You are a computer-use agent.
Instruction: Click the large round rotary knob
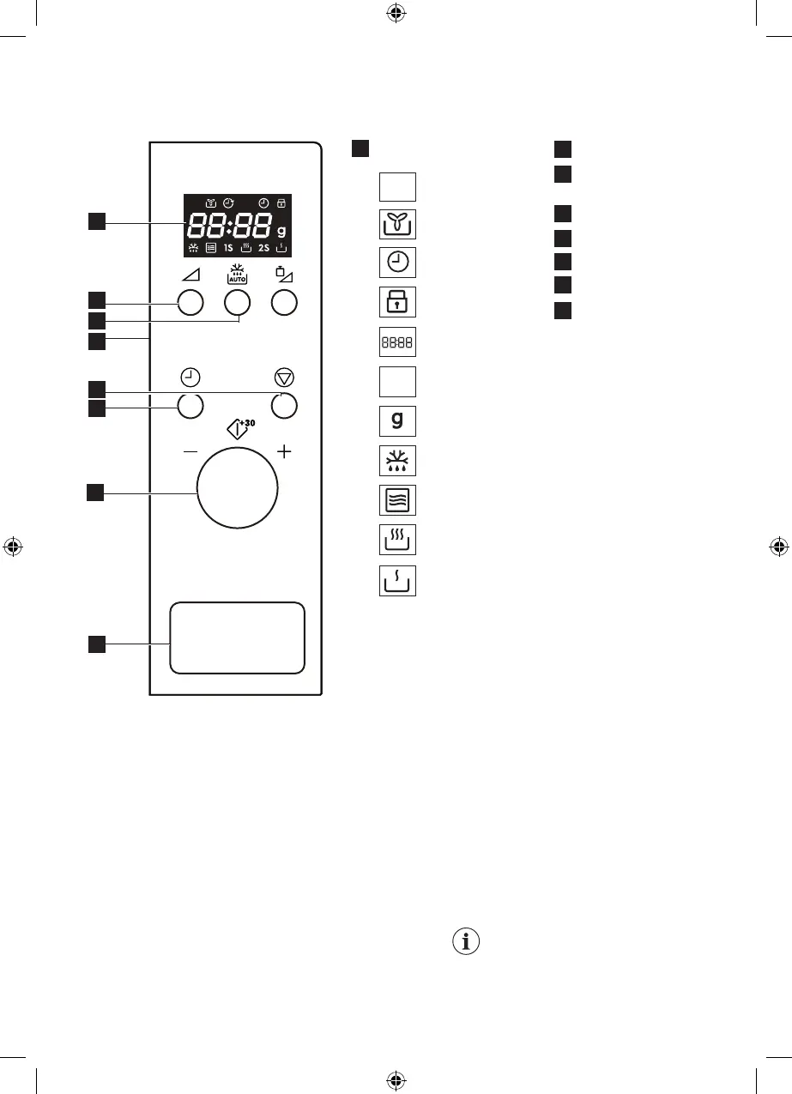tap(237, 491)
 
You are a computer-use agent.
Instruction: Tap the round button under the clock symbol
tap(190, 406)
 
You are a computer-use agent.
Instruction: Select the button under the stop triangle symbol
tap(284, 406)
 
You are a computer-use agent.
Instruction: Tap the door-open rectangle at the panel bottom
tap(237, 637)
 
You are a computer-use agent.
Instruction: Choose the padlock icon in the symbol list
tap(397, 302)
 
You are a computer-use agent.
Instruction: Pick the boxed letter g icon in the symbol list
tap(397, 421)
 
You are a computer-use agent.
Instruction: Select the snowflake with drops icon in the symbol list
tap(397, 461)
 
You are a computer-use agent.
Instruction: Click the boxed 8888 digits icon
tap(397, 342)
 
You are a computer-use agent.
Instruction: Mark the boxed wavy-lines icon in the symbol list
tap(397, 500)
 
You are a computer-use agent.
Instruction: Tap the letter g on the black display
tap(281, 232)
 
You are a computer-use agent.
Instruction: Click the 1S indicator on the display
tap(229, 248)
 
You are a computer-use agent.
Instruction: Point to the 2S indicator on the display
tap(264, 248)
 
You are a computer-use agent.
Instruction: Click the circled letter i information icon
tap(466, 941)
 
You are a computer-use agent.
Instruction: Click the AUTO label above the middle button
tap(237, 277)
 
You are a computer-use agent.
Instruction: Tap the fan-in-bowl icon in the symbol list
tap(397, 224)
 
